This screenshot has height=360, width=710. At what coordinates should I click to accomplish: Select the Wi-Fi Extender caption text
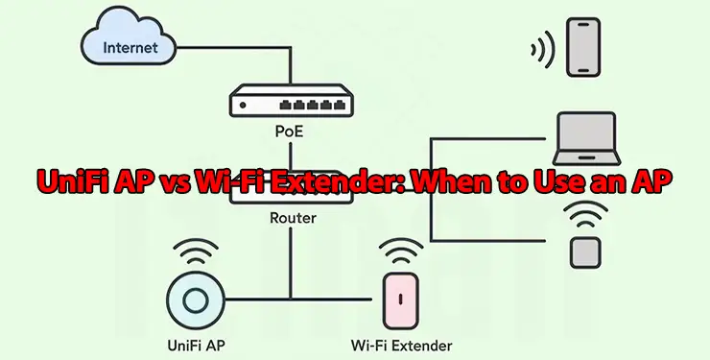tap(401, 344)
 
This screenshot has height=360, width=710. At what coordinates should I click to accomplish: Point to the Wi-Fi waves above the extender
tap(401, 252)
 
